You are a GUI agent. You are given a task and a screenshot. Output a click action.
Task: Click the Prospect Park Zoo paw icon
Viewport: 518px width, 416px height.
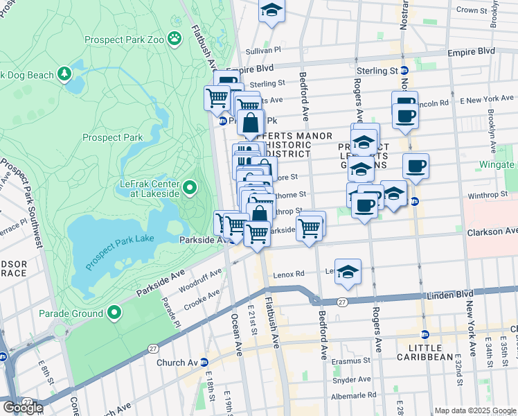(176, 39)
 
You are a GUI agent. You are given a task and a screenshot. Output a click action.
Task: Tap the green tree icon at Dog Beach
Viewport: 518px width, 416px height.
(65, 73)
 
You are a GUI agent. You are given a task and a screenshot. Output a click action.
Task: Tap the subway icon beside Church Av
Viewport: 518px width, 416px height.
(204, 363)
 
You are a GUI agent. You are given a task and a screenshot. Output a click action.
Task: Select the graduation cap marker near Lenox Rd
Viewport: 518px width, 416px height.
(348, 272)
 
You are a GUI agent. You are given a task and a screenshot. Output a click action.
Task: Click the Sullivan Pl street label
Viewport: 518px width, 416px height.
(263, 51)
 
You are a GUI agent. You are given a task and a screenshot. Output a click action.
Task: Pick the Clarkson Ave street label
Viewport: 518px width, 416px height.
(492, 231)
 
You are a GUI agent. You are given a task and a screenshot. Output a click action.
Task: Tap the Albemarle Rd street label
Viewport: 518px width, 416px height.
(355, 395)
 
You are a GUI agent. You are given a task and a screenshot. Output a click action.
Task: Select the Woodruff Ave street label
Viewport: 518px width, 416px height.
(199, 280)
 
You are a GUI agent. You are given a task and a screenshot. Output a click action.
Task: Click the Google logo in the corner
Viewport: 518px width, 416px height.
(23, 407)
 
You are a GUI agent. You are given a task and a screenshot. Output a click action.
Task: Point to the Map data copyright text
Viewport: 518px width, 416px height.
(474, 410)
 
